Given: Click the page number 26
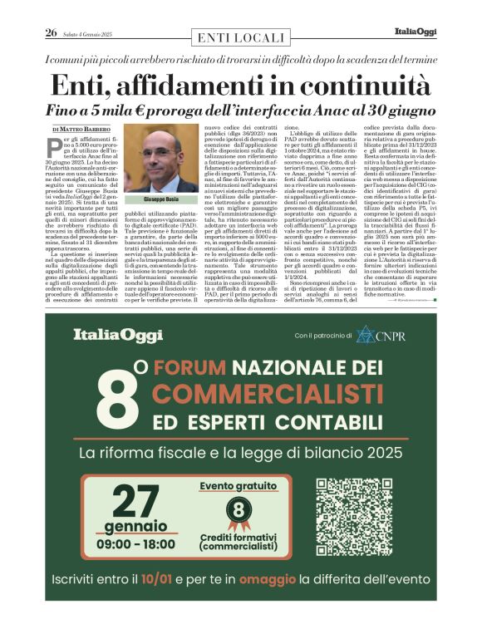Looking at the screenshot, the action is (x=51, y=33).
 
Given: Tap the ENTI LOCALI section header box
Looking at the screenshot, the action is (x=241, y=37).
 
